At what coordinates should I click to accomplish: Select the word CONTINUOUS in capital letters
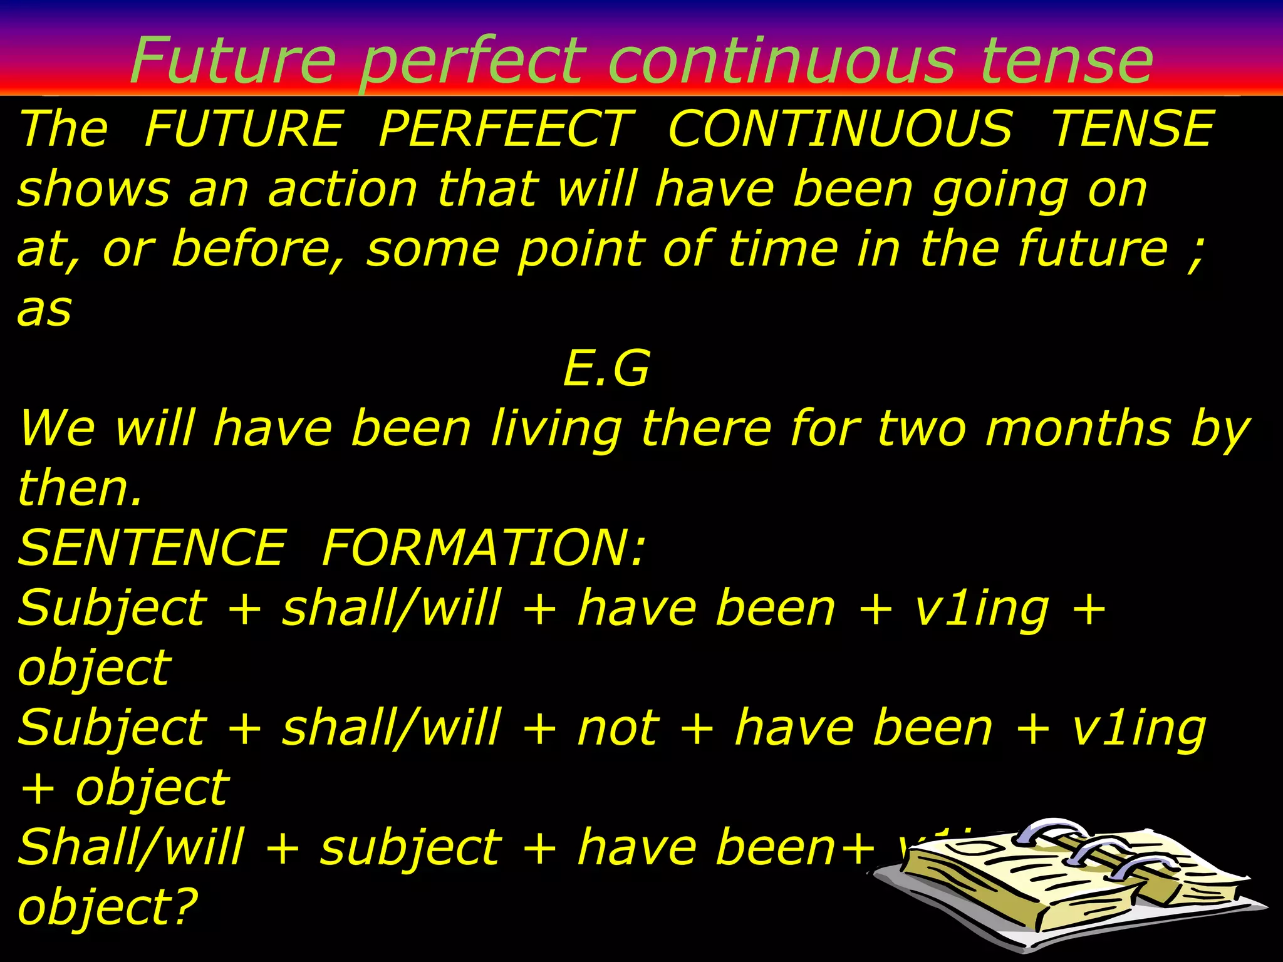click(x=840, y=129)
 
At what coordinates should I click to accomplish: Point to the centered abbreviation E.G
click(x=606, y=368)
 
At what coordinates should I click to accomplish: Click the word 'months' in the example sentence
click(x=1078, y=428)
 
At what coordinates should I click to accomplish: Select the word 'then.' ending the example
click(x=80, y=488)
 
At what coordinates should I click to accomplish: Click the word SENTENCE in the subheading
click(x=152, y=547)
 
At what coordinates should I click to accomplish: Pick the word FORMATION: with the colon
click(x=483, y=547)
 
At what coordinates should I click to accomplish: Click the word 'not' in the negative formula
click(x=618, y=729)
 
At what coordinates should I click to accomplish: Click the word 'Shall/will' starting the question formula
click(x=130, y=847)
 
